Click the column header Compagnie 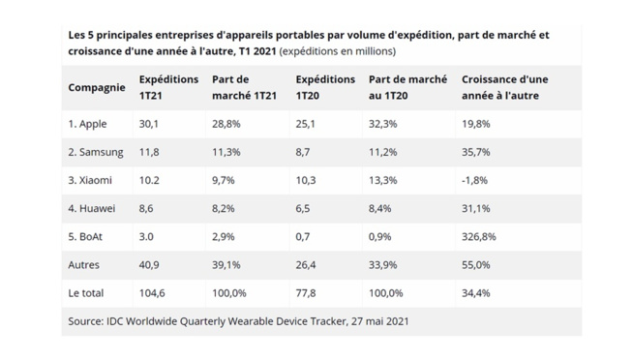coord(97,87)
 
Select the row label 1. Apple coord(88,124)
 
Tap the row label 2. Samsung coord(96,152)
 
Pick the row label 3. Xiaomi coord(90,180)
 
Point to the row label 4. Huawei coord(92,208)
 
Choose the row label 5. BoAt coord(88,236)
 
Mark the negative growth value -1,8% coord(476,180)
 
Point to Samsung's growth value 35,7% coord(477,152)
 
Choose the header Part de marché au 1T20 coord(407,87)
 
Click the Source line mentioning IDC coord(246,319)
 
